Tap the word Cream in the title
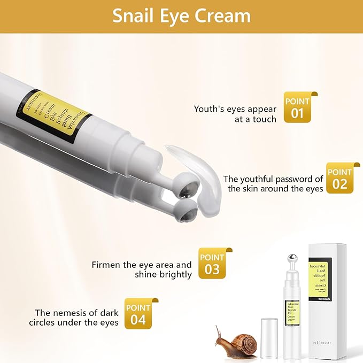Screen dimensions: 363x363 pyautogui.click(x=224, y=16)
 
